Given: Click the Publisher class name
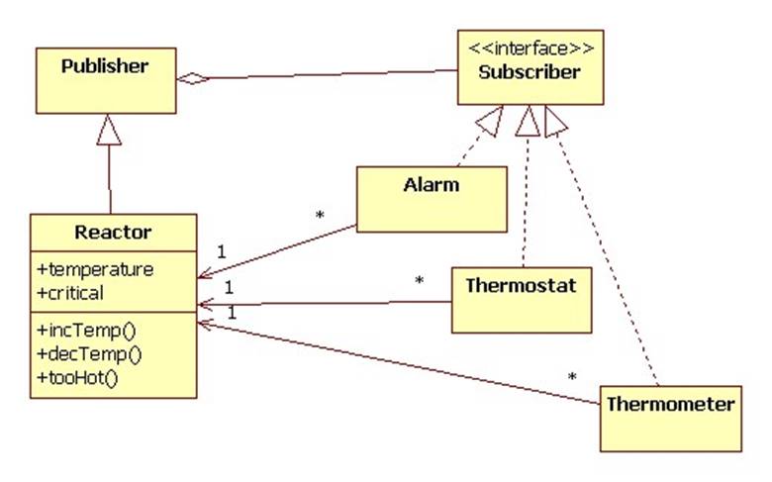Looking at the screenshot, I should click(x=104, y=67).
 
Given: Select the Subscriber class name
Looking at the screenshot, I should click(x=529, y=72).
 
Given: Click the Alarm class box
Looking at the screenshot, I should click(x=430, y=198).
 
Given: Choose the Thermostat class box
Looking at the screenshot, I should click(x=521, y=298).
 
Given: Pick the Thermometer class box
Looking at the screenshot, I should click(x=670, y=418).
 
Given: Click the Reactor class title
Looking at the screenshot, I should click(x=113, y=233).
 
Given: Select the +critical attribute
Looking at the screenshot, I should click(x=71, y=292).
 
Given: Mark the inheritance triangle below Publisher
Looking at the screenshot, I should click(x=109, y=130).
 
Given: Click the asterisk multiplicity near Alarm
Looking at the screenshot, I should click(x=319, y=215).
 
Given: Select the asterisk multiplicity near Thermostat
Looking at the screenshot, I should click(x=419, y=282).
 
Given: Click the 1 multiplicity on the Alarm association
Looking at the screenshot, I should click(x=221, y=251).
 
